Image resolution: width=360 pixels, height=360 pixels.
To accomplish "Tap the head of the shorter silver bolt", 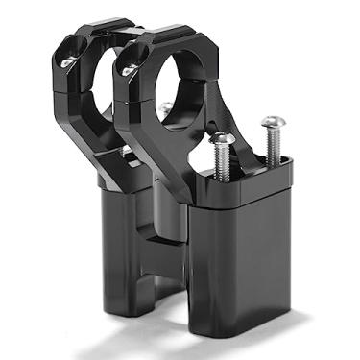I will pos(222,139).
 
